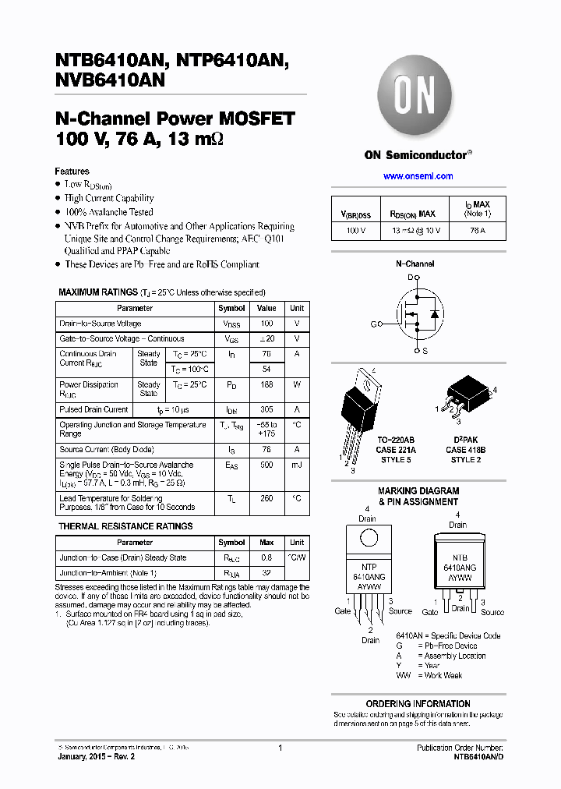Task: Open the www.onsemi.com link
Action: click(418, 176)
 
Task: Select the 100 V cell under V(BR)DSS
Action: click(355, 231)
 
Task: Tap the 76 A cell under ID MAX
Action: click(477, 231)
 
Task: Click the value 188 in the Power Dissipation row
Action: click(266, 384)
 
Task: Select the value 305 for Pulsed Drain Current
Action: click(266, 409)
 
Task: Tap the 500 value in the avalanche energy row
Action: click(266, 465)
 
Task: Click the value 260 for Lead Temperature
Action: click(266, 497)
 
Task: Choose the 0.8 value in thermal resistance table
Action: click(266, 557)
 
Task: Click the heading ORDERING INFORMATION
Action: click(418, 703)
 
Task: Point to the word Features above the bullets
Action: click(72, 172)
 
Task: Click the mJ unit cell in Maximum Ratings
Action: click(297, 465)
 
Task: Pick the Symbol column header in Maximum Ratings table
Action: click(231, 308)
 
